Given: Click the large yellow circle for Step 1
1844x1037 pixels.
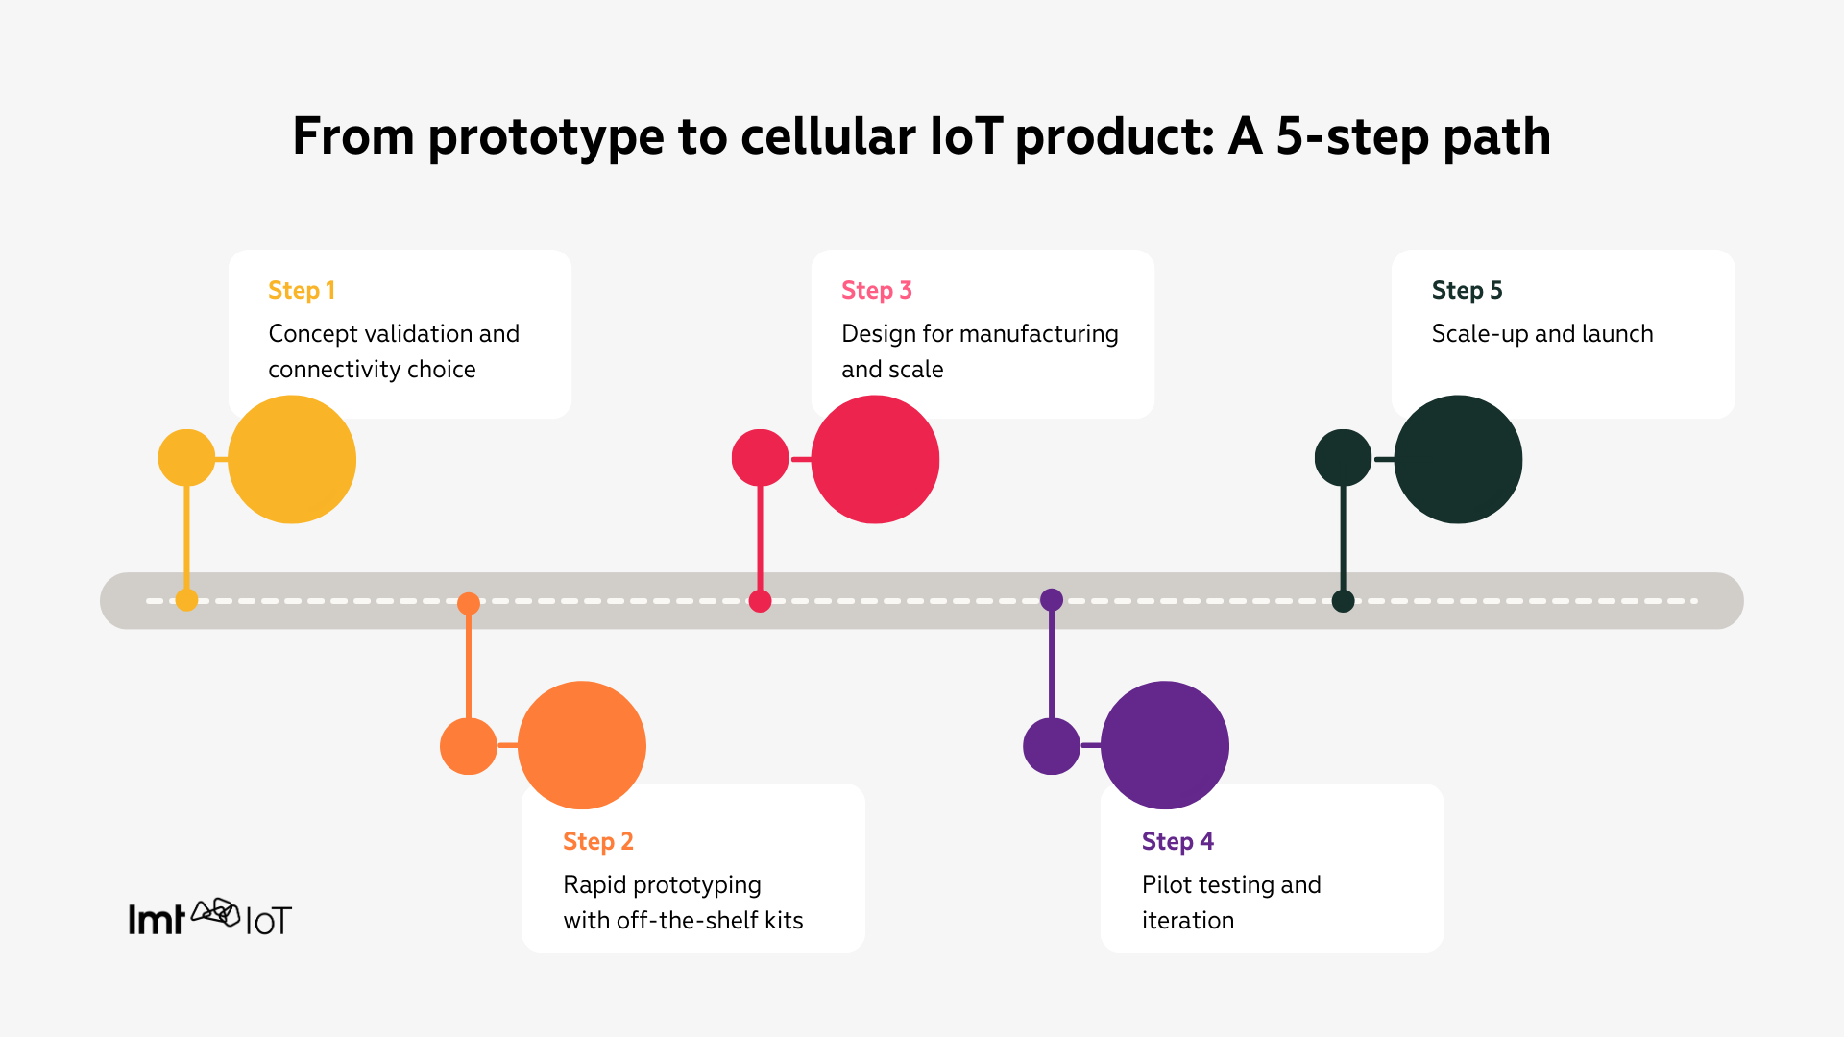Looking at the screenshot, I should pyautogui.click(x=292, y=459).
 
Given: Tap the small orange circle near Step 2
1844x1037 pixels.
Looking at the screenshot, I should pyautogui.click(x=468, y=746).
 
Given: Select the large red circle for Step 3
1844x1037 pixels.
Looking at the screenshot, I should pyautogui.click(x=875, y=459).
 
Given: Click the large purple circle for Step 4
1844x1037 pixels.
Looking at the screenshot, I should pyautogui.click(x=1164, y=745).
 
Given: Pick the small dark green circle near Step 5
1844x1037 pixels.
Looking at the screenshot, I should pyautogui.click(x=1343, y=458).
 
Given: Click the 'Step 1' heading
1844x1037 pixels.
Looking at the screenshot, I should pyautogui.click(x=302, y=290).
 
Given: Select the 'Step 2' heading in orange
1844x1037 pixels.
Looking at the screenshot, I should pyautogui.click(x=597, y=841).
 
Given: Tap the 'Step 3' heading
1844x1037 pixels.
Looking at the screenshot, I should pyautogui.click(x=876, y=290).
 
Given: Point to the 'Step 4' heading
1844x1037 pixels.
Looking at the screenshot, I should pyautogui.click(x=1177, y=841).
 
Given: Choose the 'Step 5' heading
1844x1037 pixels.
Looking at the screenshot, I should pyautogui.click(x=1467, y=290).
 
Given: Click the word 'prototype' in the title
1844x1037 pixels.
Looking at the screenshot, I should pyautogui.click(x=546, y=136).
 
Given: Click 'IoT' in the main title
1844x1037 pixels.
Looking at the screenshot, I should pyautogui.click(x=966, y=136).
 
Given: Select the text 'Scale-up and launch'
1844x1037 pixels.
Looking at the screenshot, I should pyautogui.click(x=1541, y=334).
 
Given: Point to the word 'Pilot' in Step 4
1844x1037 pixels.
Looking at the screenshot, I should pyautogui.click(x=1166, y=884).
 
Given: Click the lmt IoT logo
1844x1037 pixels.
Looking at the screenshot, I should pyautogui.click(x=209, y=918).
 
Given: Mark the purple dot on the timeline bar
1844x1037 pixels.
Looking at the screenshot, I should pyautogui.click(x=1052, y=600).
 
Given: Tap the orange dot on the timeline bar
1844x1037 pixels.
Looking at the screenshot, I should pyautogui.click(x=469, y=603).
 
